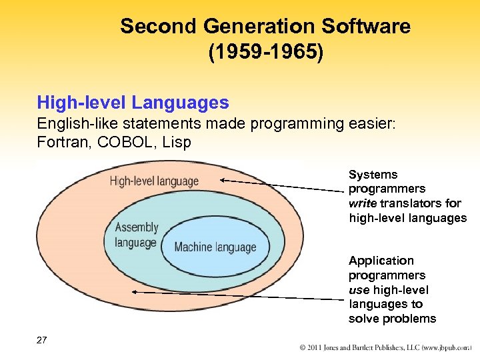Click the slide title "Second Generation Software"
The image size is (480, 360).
point(265,27)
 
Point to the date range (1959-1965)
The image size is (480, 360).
point(265,53)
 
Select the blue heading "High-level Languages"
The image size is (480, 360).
point(133,103)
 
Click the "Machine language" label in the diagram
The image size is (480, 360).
point(215,247)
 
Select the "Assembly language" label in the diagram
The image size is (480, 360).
point(136,235)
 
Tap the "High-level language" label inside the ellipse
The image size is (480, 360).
point(154,181)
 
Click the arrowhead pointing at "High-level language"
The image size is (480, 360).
point(223,179)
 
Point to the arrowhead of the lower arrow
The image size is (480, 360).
point(135,291)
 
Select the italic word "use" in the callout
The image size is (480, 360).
point(359,290)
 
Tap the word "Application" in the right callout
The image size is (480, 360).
point(381,261)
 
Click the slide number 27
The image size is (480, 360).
point(42,340)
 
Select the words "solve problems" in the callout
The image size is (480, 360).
point(392,319)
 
